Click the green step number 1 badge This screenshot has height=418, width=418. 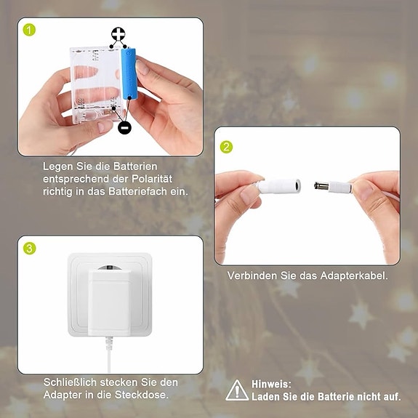(x=30, y=30)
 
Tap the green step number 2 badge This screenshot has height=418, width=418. (x=227, y=147)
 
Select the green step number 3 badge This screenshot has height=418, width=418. (x=30, y=249)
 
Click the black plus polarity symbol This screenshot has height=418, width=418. (x=118, y=35)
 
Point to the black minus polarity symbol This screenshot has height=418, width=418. (x=124, y=128)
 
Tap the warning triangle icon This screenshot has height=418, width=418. (x=237, y=390)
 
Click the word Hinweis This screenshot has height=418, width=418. (x=270, y=383)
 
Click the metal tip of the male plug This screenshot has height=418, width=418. (x=322, y=186)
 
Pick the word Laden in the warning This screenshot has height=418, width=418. (x=266, y=397)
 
